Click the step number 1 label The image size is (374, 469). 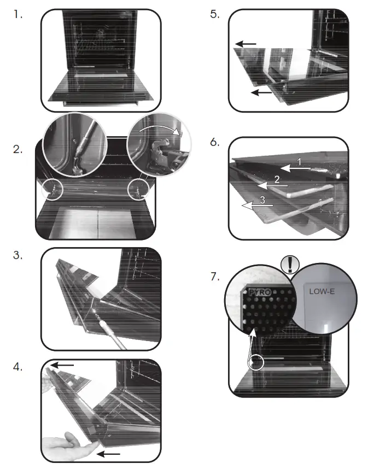[x=17, y=15]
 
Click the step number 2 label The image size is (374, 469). [x=17, y=149]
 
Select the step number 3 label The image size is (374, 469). [x=17, y=255]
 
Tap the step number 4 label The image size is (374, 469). [x=17, y=367]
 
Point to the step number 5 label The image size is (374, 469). [x=214, y=15]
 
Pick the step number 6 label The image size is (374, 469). [x=214, y=142]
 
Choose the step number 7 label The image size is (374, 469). [x=214, y=277]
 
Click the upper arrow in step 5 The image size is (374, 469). [x=246, y=44]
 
